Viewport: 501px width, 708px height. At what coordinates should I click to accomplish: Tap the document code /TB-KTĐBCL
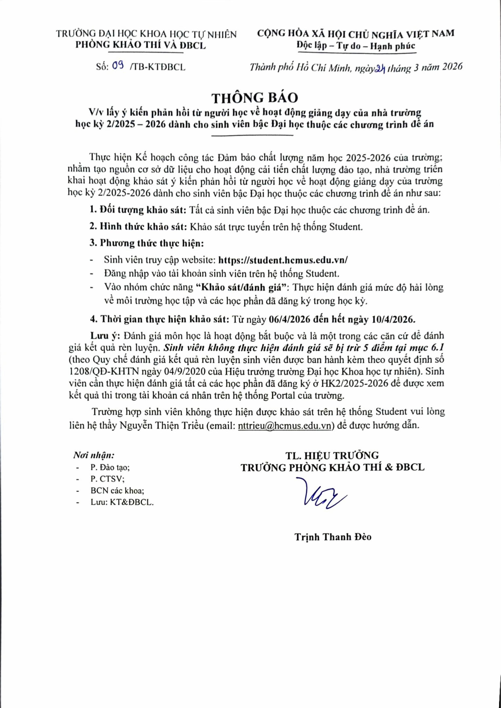coord(158,67)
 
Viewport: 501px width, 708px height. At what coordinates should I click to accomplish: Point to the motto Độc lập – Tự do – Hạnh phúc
coord(356,46)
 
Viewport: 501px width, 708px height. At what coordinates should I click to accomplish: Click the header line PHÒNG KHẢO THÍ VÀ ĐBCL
coord(141,46)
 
